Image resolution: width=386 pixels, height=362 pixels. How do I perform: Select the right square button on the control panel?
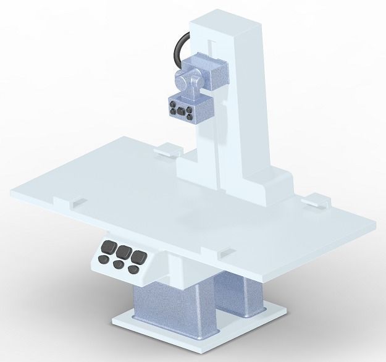point(139,255)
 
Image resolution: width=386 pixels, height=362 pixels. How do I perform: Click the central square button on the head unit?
point(180,111)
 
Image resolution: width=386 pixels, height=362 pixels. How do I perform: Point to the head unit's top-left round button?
point(172,106)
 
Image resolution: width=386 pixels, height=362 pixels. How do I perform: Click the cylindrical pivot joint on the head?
point(187,80)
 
